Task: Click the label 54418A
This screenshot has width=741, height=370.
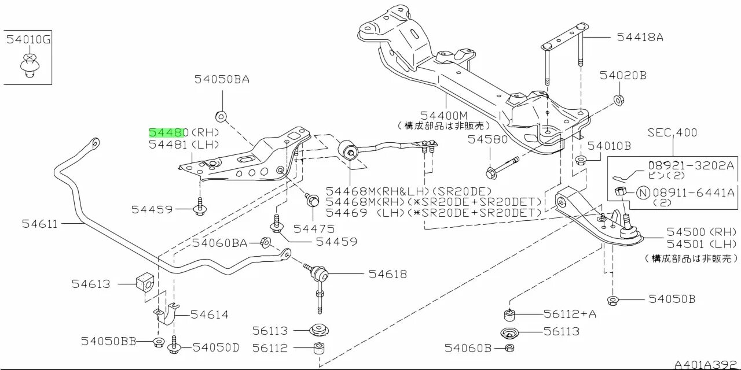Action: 639,38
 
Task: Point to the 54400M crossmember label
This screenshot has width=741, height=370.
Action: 443,115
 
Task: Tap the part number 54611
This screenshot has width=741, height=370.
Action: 40,223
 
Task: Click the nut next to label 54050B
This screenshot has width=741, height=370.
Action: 614,300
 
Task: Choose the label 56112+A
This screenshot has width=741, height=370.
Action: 570,314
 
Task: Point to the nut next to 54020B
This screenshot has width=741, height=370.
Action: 618,100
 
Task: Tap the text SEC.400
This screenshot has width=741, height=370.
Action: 672,132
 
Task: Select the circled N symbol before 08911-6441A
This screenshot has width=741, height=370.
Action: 642,193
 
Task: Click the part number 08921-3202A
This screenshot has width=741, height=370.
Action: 685,164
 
